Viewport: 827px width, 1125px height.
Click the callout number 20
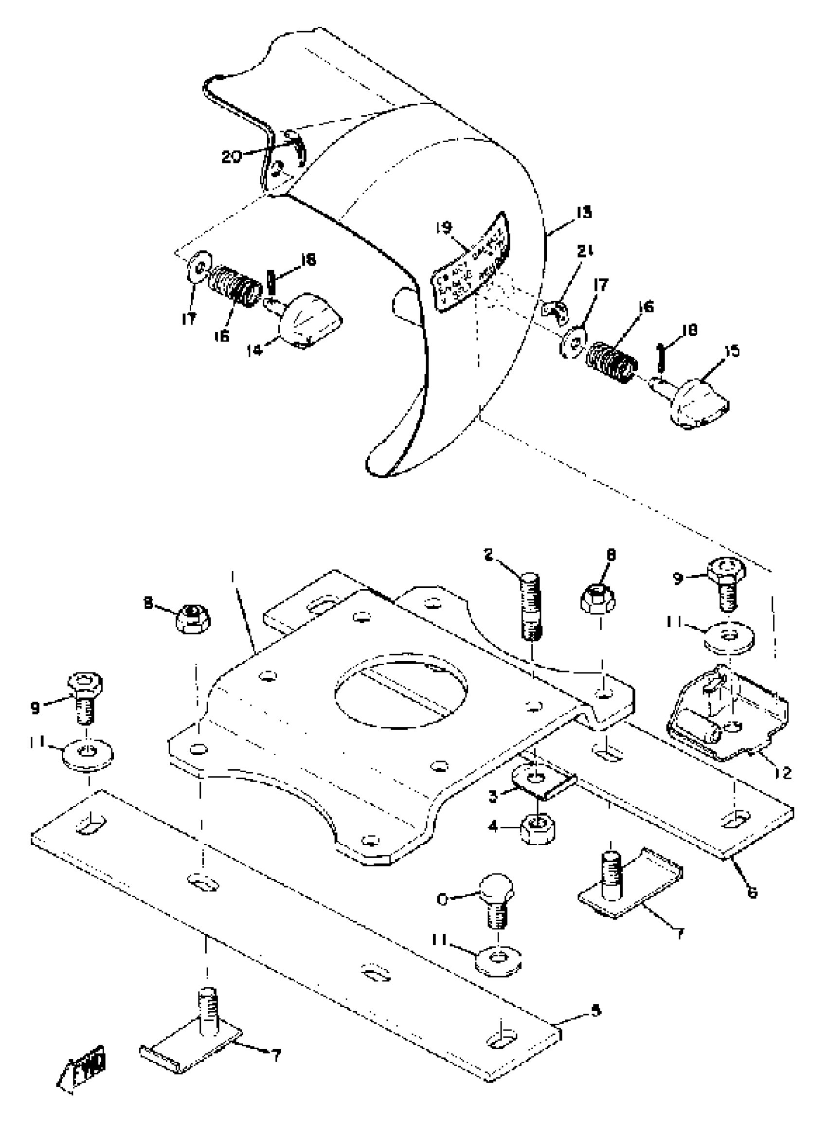coord(232,157)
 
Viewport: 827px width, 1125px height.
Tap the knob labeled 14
coord(310,326)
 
